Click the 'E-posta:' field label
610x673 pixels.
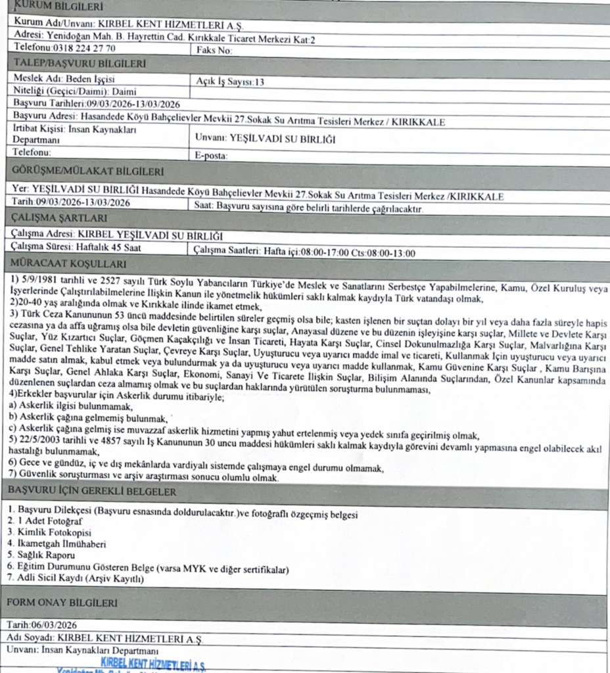click(x=211, y=156)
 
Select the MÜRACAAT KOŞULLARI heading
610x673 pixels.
click(x=64, y=265)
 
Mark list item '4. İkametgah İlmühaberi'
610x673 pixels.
click(x=57, y=544)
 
